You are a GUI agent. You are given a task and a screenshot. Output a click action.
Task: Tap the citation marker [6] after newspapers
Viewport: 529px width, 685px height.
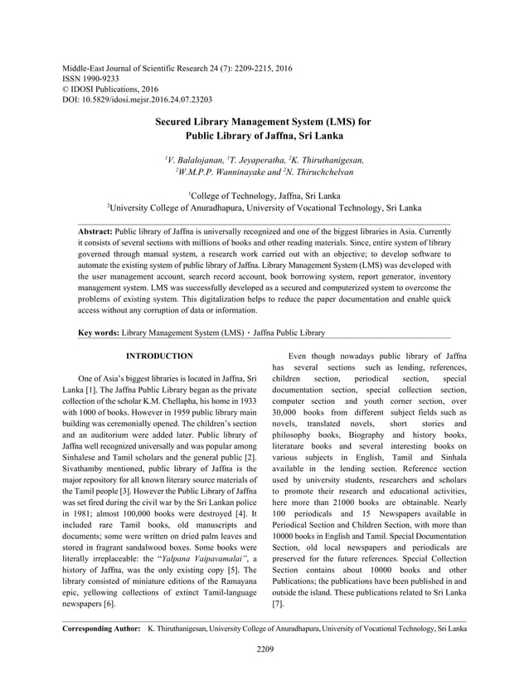coord(109,605)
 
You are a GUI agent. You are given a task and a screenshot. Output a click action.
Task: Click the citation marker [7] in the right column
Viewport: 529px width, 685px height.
coord(278,605)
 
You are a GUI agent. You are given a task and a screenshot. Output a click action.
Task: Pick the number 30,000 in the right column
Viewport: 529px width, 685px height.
coord(285,413)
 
